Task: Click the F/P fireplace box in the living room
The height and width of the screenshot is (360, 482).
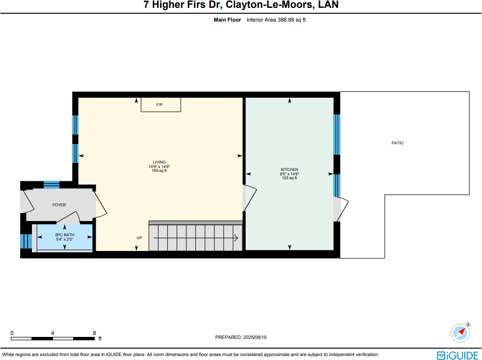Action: click(x=161, y=105)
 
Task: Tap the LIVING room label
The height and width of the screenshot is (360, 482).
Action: click(x=159, y=162)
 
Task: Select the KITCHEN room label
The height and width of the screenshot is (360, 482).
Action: click(x=289, y=169)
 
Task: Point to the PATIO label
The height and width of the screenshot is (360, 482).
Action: click(x=397, y=143)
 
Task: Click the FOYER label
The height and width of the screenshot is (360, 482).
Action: click(x=59, y=205)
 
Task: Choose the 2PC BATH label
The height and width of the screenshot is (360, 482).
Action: click(x=64, y=235)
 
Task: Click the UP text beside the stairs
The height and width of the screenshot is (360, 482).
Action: click(x=139, y=238)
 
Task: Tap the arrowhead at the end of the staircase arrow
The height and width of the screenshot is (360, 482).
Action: click(x=237, y=238)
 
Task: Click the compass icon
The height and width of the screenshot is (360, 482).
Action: click(x=460, y=332)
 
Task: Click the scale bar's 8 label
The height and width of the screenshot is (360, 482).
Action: click(x=94, y=332)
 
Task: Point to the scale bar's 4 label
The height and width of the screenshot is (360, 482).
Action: click(x=53, y=332)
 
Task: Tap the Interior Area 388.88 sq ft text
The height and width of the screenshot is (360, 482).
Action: click(x=276, y=20)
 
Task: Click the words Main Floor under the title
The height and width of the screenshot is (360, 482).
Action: click(x=227, y=20)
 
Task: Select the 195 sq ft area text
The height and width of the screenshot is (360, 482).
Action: click(x=159, y=170)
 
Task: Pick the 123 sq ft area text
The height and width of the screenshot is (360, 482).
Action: click(x=289, y=178)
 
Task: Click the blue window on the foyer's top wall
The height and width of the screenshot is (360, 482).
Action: click(x=52, y=184)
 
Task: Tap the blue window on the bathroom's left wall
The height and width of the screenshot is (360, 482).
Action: click(x=23, y=241)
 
